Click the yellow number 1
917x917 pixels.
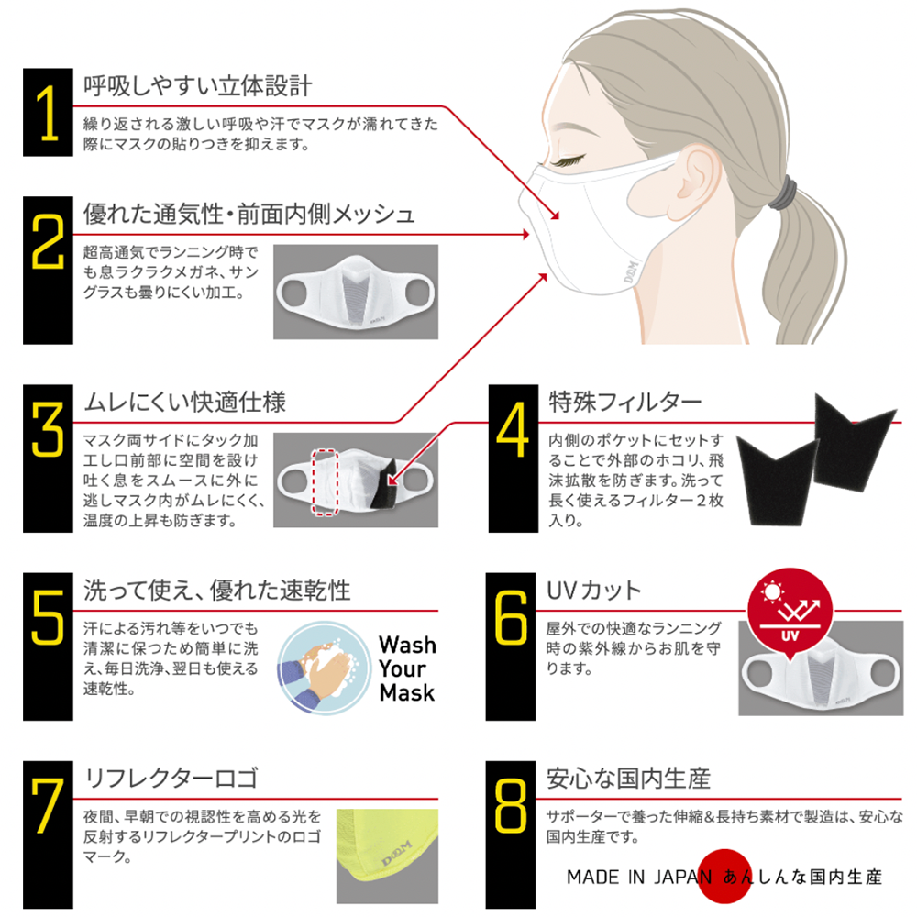pyautogui.click(x=48, y=113)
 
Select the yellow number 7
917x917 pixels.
pyautogui.click(x=48, y=806)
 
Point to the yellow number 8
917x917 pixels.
pyautogui.click(x=511, y=806)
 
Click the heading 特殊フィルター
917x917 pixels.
pyautogui.click(x=624, y=403)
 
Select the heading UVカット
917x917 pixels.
pyautogui.click(x=593, y=590)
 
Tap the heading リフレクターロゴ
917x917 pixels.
pyautogui.click(x=171, y=778)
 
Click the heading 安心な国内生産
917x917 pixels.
pyautogui.click(x=629, y=779)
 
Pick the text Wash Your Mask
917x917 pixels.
pyautogui.click(x=407, y=668)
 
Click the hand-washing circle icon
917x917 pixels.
pyautogui.click(x=324, y=668)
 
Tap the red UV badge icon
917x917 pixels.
pyautogui.click(x=790, y=611)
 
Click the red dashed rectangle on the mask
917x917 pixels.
pyautogui.click(x=325, y=482)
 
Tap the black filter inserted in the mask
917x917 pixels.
pyautogui.click(x=383, y=483)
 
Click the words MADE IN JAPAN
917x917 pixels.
pyautogui.click(x=639, y=877)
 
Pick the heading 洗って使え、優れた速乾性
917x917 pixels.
pyautogui.click(x=217, y=590)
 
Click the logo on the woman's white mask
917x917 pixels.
pyautogui.click(x=632, y=271)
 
